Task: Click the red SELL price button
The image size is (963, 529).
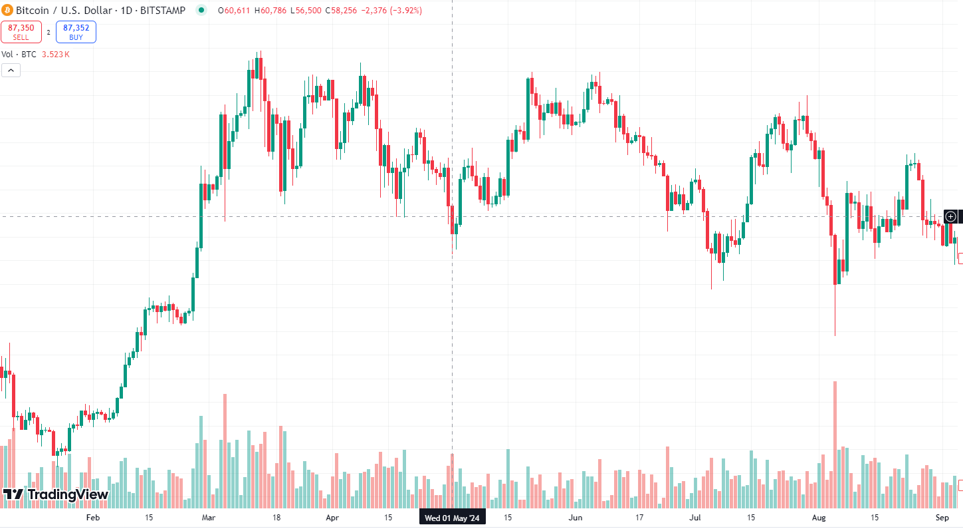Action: pyautogui.click(x=21, y=32)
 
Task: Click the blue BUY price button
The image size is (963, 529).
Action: pyautogui.click(x=76, y=32)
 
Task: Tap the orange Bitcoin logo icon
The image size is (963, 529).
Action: pyautogui.click(x=7, y=11)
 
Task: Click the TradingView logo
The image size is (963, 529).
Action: pyautogui.click(x=56, y=494)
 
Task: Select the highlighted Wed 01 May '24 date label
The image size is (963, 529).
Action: pyautogui.click(x=452, y=518)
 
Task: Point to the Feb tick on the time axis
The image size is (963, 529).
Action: pyautogui.click(x=93, y=518)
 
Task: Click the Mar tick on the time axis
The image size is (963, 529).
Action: pyautogui.click(x=209, y=518)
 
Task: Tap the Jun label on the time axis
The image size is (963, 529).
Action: pyautogui.click(x=576, y=518)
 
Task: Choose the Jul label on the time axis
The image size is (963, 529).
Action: pyautogui.click(x=695, y=518)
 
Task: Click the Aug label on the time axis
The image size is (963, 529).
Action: pyautogui.click(x=819, y=518)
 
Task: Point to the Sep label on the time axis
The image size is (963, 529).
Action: pyautogui.click(x=942, y=518)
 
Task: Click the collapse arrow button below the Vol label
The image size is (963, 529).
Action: pyautogui.click(x=11, y=70)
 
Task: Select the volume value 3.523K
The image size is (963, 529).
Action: pyautogui.click(x=55, y=55)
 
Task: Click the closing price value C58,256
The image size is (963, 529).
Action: pyautogui.click(x=338, y=11)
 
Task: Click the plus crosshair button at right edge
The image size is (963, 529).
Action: pyautogui.click(x=950, y=216)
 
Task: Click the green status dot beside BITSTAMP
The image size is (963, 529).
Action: pyautogui.click(x=202, y=11)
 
